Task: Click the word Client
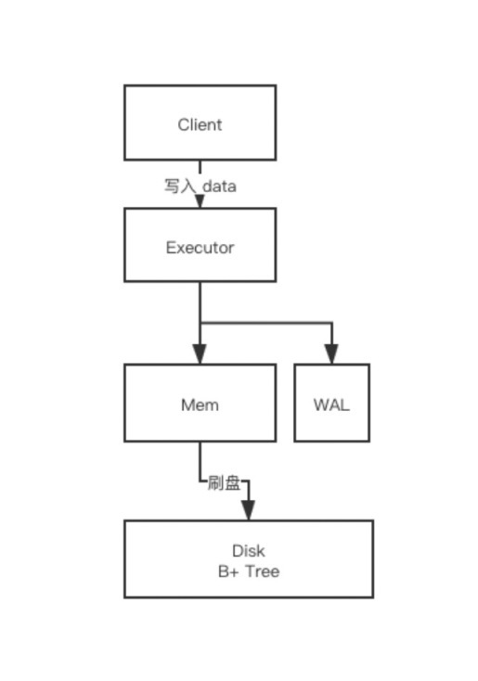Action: [x=200, y=124]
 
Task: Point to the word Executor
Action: [x=200, y=248]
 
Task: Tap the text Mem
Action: [x=200, y=405]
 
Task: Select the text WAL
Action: [x=331, y=405]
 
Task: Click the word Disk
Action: [x=248, y=551]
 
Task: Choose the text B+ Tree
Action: [x=248, y=572]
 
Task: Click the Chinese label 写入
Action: [x=180, y=186]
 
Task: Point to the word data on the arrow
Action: [x=219, y=186]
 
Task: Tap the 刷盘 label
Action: [x=224, y=482]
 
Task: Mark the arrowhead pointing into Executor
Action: [x=200, y=200]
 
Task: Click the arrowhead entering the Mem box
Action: [x=200, y=354]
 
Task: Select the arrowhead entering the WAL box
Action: [x=331, y=354]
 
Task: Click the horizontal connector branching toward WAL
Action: [x=269, y=323]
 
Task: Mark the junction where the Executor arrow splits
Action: [x=200, y=323]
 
